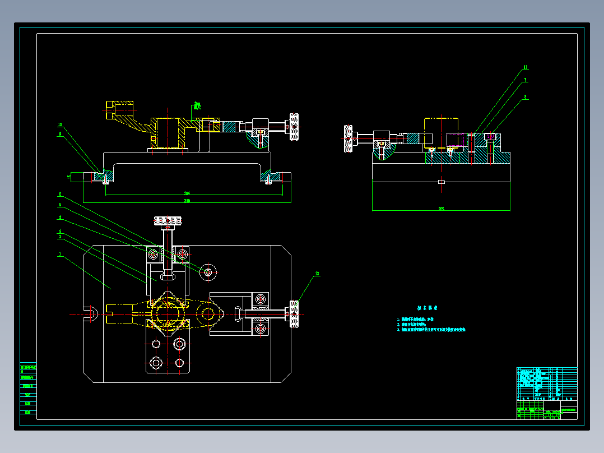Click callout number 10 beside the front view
60,124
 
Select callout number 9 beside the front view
60,134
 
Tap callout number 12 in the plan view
317,274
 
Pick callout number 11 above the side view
525,67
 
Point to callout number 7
525,81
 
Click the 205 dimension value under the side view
442,209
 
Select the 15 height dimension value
69,177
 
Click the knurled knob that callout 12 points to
294,315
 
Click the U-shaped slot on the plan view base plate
90,314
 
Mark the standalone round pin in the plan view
208,272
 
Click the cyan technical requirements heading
427,308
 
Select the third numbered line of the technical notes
431,330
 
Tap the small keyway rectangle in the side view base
442,182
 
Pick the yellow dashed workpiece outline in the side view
442,132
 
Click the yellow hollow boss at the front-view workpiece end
119,106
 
